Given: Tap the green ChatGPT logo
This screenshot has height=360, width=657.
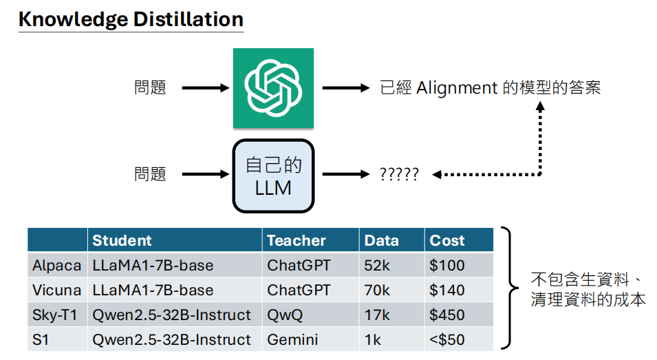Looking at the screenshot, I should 273,87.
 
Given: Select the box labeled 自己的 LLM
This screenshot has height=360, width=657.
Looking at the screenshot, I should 273,176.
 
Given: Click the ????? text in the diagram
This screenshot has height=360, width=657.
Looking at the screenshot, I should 399,175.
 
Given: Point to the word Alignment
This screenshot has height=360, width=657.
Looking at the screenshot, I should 456,88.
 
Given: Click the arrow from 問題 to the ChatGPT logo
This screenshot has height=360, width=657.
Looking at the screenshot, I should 205,88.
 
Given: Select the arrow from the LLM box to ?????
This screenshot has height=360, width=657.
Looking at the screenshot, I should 346,175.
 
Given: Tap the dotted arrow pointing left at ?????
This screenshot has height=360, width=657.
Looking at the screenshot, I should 482,175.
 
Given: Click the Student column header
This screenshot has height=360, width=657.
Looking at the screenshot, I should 122,240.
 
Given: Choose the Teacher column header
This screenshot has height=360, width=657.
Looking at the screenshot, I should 297,240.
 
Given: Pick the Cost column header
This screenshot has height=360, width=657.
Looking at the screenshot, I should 447,240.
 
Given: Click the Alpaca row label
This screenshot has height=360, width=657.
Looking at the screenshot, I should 56,266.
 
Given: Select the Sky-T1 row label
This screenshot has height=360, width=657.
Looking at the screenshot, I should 56,315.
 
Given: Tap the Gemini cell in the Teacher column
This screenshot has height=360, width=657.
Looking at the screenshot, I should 292,340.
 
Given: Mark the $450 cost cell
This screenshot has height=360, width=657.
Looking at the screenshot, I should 447,315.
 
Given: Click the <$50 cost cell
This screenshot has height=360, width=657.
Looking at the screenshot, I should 447,340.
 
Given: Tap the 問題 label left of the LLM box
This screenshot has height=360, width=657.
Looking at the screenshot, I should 150,175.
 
